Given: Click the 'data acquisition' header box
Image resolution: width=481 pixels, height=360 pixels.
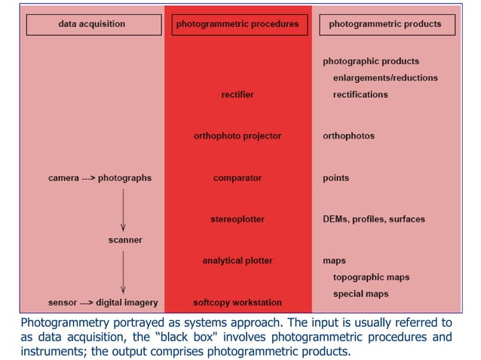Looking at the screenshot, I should pyautogui.click(x=91, y=25).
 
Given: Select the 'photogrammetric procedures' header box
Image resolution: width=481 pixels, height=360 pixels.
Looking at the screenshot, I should pyautogui.click(x=237, y=25).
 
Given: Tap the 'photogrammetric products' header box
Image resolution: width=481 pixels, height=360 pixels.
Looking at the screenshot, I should pyautogui.click(x=385, y=25).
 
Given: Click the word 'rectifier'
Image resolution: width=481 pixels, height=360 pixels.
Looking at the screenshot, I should pyautogui.click(x=237, y=95).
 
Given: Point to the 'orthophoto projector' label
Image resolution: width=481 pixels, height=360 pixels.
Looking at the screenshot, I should pyautogui.click(x=237, y=136).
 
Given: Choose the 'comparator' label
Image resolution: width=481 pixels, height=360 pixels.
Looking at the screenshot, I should pyautogui.click(x=237, y=178).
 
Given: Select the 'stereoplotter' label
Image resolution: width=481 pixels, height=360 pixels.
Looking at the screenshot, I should pyautogui.click(x=237, y=219).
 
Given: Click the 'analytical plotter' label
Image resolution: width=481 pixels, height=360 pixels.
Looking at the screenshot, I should pyautogui.click(x=237, y=261).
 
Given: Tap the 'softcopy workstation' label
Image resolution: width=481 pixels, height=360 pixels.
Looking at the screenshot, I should pyautogui.click(x=237, y=303).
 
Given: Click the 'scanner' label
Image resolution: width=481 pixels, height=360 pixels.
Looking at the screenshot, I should pyautogui.click(x=124, y=240).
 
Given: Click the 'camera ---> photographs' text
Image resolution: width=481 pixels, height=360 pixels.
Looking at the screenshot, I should pyautogui.click(x=100, y=178).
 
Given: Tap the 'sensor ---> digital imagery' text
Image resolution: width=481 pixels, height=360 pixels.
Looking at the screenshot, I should pyautogui.click(x=103, y=303).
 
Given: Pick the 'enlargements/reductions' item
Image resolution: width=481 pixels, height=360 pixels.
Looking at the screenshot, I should pyautogui.click(x=385, y=78).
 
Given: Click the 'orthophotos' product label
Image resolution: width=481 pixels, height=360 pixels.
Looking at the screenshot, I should pyautogui.click(x=348, y=136).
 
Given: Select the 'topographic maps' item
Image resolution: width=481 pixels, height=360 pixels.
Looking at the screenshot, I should pyautogui.click(x=371, y=277).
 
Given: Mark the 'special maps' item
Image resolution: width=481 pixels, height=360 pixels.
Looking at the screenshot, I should pyautogui.click(x=361, y=294).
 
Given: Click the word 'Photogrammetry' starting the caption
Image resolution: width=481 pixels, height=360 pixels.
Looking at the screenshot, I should pyautogui.click(x=60, y=321).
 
